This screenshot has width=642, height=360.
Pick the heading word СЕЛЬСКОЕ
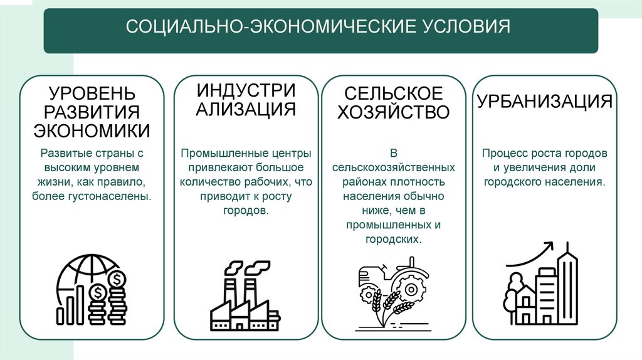click(394, 94)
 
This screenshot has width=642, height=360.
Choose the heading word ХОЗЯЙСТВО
click(394, 112)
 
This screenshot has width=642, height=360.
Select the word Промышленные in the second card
click(218, 153)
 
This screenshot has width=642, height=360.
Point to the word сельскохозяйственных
click(394, 167)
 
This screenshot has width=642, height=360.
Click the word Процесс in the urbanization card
click(503, 153)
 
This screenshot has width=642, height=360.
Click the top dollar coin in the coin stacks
click(116, 277)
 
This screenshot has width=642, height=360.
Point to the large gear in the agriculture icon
click(412, 289)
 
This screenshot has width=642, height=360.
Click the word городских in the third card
click(394, 240)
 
